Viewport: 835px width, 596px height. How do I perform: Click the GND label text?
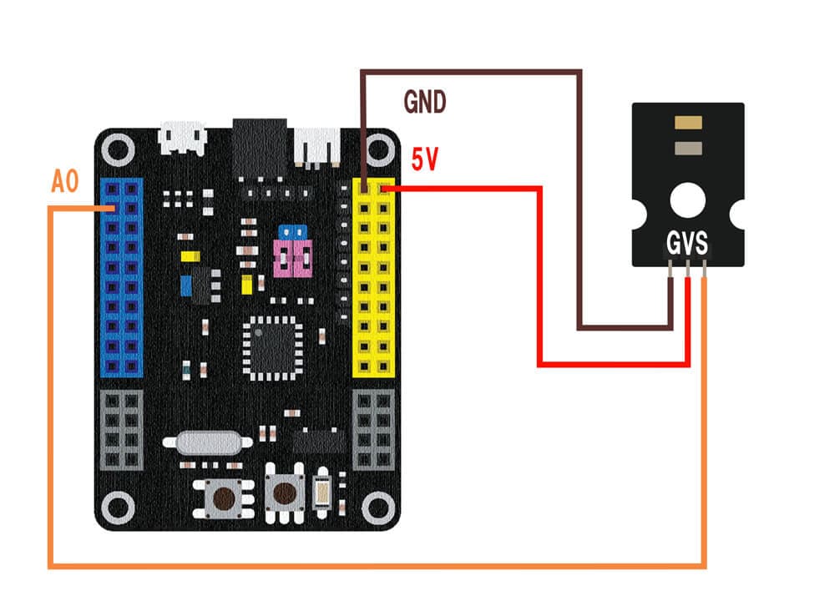[x=424, y=102]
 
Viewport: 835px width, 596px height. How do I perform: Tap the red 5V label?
[x=425, y=159]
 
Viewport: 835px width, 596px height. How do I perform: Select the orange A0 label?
[x=65, y=181]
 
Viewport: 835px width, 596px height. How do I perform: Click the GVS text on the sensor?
[x=687, y=243]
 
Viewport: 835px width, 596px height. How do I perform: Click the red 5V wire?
[x=539, y=277]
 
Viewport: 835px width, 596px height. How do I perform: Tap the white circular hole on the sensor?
[x=687, y=200]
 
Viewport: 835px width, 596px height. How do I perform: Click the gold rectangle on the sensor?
[x=688, y=123]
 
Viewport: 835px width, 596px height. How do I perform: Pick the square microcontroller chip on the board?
[x=272, y=349]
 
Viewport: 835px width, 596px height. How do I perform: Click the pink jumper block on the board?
[x=293, y=259]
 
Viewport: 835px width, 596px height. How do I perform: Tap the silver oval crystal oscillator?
[x=207, y=442]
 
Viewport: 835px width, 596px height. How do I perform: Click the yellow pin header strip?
[x=374, y=278]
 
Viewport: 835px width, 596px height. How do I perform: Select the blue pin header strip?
[x=121, y=278]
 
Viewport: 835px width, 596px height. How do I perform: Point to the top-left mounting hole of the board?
[x=118, y=149]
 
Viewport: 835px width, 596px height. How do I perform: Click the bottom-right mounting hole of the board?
[x=378, y=508]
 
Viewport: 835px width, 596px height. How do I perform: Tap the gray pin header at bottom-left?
[x=121, y=430]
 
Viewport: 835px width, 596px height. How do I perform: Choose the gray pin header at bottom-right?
[x=374, y=430]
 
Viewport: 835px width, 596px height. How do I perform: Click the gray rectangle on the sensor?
[x=688, y=148]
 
